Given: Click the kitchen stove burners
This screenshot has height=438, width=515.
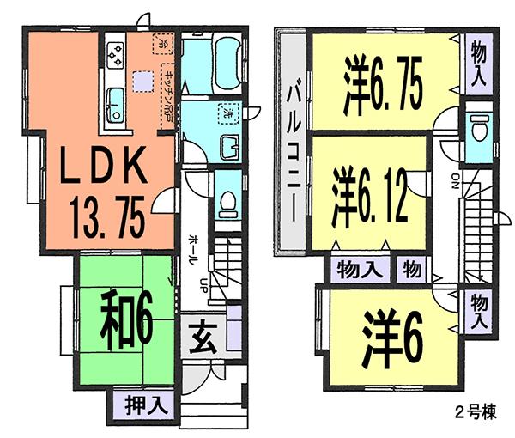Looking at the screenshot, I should coord(114,53).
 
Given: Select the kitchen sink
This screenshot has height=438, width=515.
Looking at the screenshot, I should coord(113,105).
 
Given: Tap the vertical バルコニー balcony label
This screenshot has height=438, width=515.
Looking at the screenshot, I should coord(291,141).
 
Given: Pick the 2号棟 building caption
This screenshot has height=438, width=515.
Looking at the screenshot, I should coord(473,409).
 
